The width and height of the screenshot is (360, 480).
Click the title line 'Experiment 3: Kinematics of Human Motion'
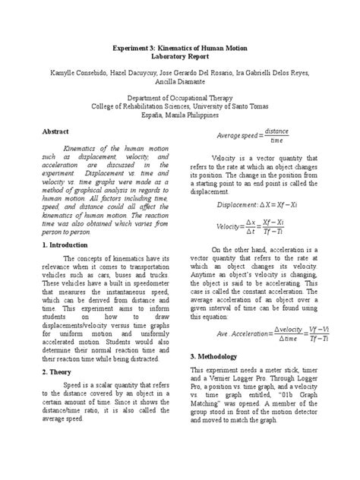[x=180, y=48]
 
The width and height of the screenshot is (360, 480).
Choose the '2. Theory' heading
[x=69, y=372]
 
